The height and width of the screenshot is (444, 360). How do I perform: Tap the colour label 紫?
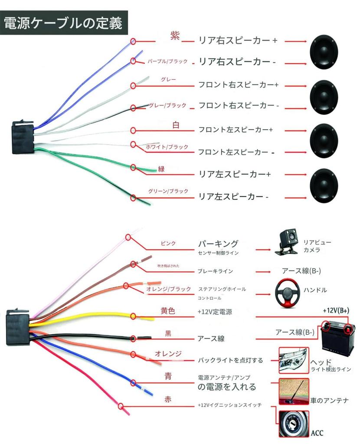coord(175,36)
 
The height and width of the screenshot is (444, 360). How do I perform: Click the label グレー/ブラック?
coord(167,105)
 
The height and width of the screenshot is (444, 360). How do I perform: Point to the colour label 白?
coord(176,125)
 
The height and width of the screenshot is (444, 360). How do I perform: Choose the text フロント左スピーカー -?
coord(236,152)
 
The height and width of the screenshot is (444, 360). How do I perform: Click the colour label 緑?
coord(161,169)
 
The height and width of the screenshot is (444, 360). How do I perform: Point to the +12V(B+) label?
coord(336,311)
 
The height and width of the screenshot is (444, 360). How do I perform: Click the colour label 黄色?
coord(168,311)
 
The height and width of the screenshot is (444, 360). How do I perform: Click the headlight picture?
coord(293,359)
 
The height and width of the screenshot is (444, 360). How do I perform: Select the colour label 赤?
coord(168,399)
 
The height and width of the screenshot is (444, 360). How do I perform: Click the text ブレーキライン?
coord(215,271)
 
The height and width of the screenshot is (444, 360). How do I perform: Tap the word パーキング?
coord(218,243)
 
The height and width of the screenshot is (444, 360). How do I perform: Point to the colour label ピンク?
coord(168,243)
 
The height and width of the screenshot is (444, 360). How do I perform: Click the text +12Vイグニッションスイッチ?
coord(229,405)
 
